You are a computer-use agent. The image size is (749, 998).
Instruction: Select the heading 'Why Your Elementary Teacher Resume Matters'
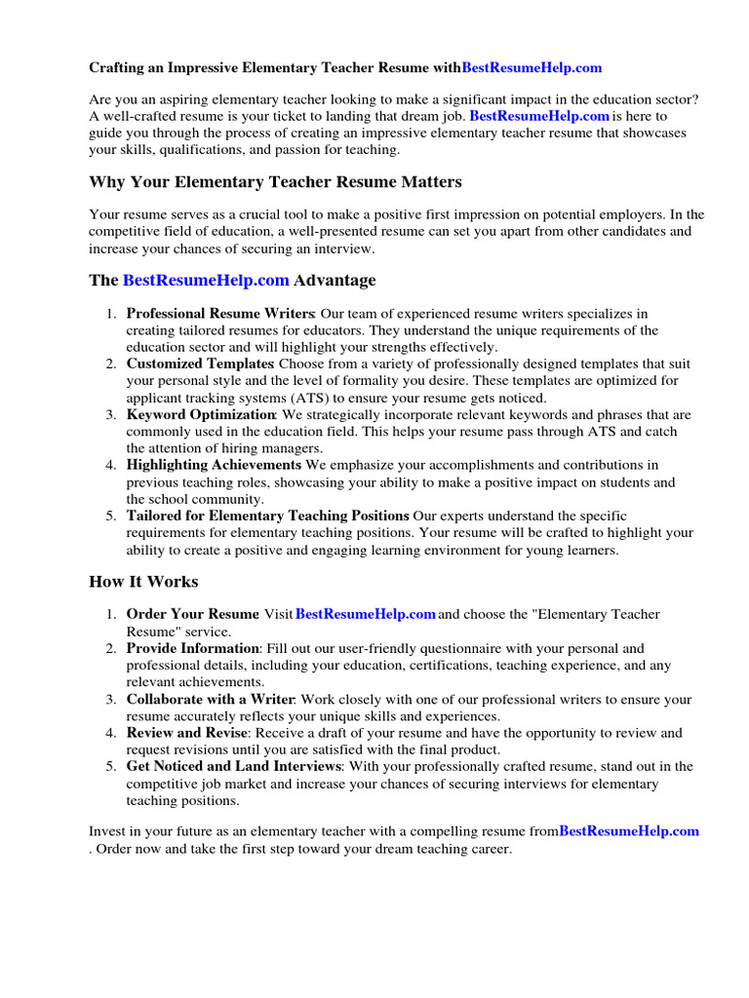coord(275,182)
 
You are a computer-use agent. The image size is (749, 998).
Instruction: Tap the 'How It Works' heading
coord(143,582)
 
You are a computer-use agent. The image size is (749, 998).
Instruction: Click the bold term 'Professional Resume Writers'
coord(220,314)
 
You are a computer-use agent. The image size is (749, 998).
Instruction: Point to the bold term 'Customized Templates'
coord(201,364)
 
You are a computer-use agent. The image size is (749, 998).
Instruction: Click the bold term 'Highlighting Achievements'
coord(214,465)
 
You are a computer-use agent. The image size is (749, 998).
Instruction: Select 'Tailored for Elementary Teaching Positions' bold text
coord(267,516)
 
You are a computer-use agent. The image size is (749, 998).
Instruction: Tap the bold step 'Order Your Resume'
coord(192,615)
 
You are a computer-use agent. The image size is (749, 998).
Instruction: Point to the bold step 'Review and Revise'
coord(187,733)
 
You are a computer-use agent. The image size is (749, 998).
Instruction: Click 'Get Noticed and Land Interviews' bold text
coord(233,766)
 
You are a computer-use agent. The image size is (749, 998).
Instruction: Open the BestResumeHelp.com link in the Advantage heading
coord(206,281)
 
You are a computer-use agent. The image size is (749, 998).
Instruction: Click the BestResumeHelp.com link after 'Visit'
coord(365,615)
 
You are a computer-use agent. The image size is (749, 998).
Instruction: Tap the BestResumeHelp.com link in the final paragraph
coord(629,831)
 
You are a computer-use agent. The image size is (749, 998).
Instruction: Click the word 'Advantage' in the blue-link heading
coord(335,281)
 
